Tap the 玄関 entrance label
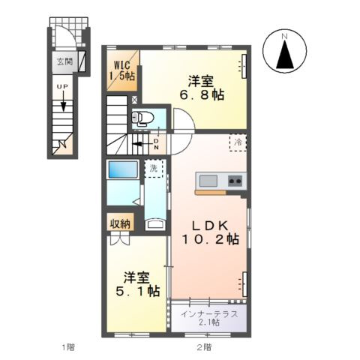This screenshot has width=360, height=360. tap(62, 62)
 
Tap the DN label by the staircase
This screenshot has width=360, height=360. tap(156, 142)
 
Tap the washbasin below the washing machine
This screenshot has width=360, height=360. tap(154, 223)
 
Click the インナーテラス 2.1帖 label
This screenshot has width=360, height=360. tap(210, 317)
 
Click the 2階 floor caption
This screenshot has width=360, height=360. tap(204, 347)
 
